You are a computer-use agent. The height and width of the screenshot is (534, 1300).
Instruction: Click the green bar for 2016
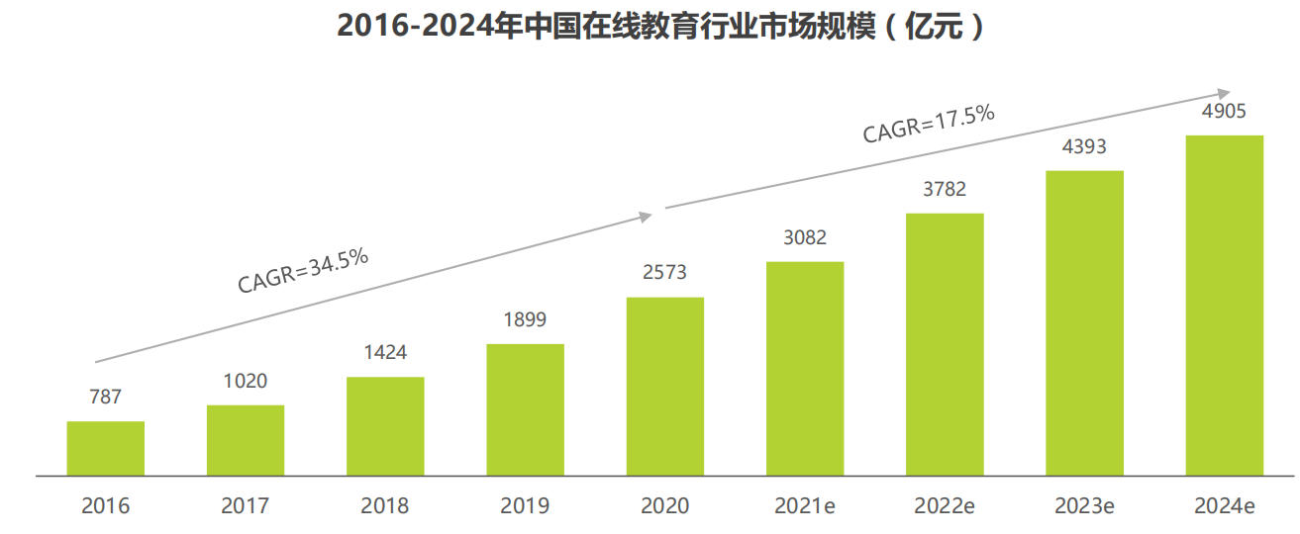pos(106,448)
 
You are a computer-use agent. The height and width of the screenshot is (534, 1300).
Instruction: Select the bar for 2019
pos(525,409)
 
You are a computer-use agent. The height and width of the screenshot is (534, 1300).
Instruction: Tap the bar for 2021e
pos(805,368)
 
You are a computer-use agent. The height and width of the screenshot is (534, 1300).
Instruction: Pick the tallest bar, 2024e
pos(1225,305)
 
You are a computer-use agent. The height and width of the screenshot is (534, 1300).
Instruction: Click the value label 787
pos(105,398)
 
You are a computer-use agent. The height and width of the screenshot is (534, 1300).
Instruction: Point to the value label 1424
pos(385,353)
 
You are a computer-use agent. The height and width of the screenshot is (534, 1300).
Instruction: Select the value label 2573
pos(664,273)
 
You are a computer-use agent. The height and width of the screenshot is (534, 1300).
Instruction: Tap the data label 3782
pos(945,189)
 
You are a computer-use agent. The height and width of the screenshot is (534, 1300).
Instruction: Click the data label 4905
pos(1224,111)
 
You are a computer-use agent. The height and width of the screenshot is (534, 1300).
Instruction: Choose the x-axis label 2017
pos(245,506)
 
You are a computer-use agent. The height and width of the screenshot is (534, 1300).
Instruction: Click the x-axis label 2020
pos(664,506)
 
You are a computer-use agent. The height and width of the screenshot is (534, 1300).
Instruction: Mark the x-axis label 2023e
pos(1084,506)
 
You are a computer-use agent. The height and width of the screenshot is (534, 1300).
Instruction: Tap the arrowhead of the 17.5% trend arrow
pos(1224,90)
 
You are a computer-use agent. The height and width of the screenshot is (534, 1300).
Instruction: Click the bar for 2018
pos(385,426)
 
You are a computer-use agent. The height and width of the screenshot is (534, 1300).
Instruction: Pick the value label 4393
pos(1084,147)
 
